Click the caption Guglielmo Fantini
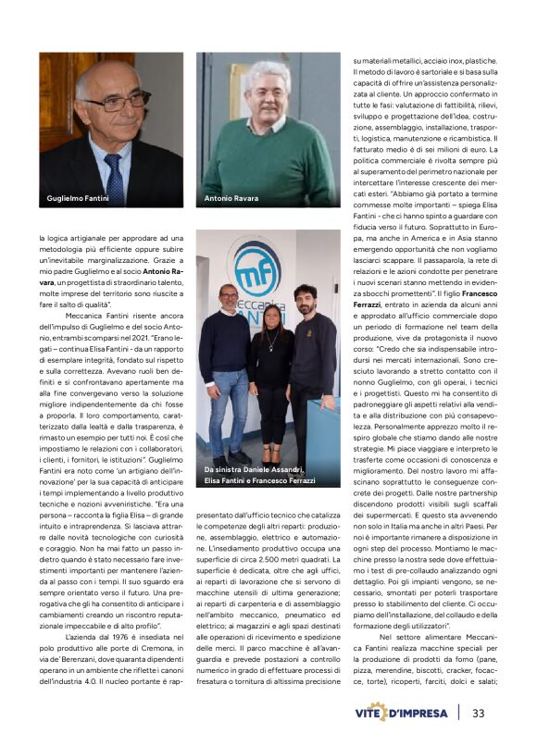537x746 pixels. point(78,198)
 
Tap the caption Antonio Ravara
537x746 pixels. point(231,198)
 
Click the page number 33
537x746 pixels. point(479,713)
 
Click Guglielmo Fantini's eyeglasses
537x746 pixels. point(118,99)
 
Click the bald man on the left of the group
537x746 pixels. point(226,361)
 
